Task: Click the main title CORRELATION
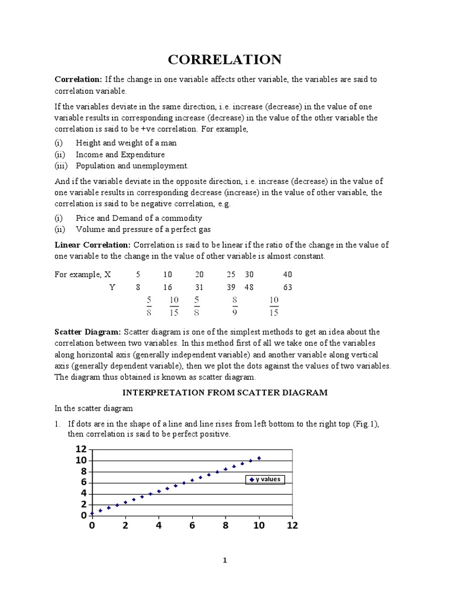click(225, 59)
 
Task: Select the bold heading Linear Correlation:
click(93, 245)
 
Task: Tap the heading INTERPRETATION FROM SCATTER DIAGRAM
click(225, 392)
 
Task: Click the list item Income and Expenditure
click(120, 155)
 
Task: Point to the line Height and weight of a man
click(126, 143)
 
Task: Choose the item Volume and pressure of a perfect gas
click(143, 229)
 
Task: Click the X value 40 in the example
click(287, 274)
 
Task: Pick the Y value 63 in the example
click(287, 287)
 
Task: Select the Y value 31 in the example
click(199, 287)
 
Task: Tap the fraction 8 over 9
click(234, 305)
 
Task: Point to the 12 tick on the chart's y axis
click(81, 449)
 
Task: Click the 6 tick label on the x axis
click(192, 526)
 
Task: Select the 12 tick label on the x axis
click(292, 526)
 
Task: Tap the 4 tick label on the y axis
click(83, 493)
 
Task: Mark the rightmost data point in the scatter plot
click(259, 458)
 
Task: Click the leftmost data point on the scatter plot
click(92, 513)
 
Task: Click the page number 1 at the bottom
click(224, 560)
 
